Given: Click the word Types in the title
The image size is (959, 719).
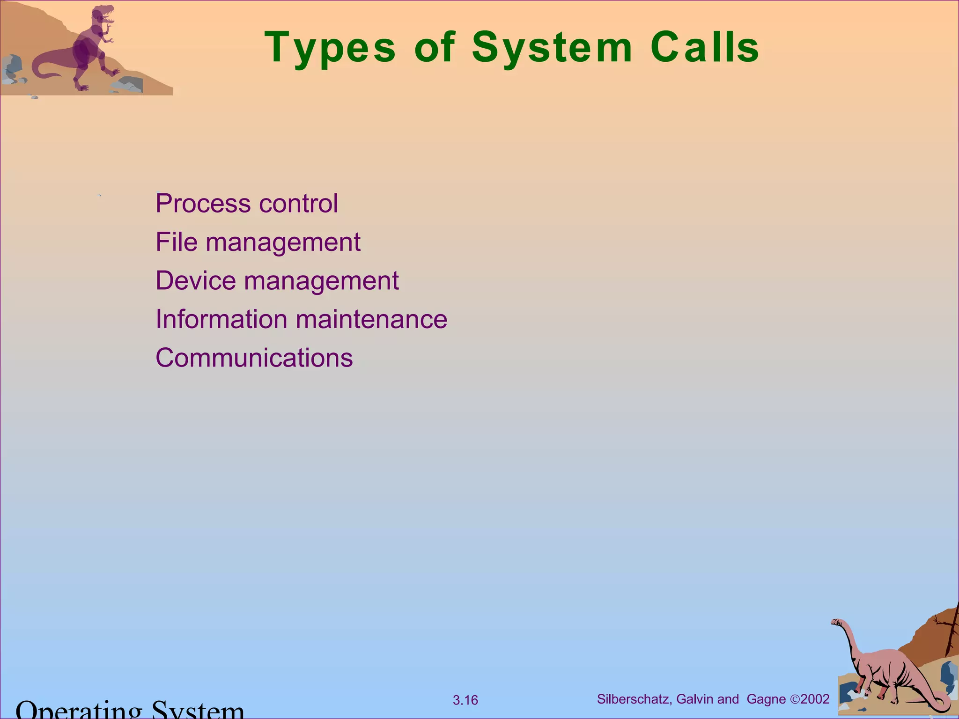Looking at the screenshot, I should click(x=330, y=48).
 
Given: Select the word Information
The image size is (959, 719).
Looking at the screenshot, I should click(x=221, y=319).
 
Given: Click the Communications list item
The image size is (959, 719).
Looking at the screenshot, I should click(x=254, y=358).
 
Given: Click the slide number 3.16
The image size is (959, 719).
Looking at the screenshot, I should click(x=465, y=700).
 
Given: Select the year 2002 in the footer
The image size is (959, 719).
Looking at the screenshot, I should click(x=815, y=699).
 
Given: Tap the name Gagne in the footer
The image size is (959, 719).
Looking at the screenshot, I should click(x=766, y=699).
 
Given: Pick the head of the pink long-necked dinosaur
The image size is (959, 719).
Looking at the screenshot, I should click(x=836, y=623).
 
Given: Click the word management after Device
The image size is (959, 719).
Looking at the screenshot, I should click(x=321, y=281).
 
